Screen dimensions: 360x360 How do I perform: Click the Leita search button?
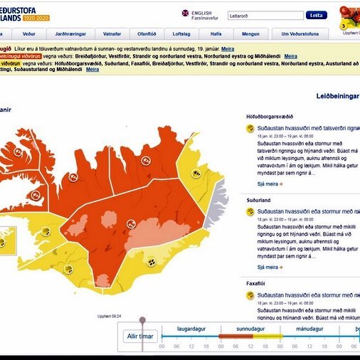coord(316,15)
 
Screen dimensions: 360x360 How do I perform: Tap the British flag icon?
coord(185,13)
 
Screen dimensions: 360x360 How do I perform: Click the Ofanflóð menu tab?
coord(147,33)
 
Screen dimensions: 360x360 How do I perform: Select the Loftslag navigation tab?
coord(181,33)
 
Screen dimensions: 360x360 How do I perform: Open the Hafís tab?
coord(216,33)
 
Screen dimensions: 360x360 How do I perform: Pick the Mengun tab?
coord(250,33)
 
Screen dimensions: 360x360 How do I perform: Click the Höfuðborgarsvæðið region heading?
coord(269,116)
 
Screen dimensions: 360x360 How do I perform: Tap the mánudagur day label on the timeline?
coord(309,330)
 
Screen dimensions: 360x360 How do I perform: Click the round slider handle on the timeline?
coord(142,321)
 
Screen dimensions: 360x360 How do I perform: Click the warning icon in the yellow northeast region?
coord(195,173)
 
